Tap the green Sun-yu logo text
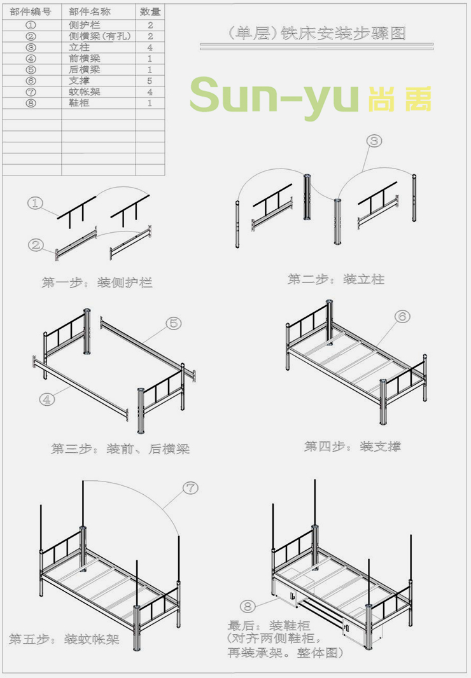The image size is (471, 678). tap(274, 95)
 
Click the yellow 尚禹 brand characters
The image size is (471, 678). tap(399, 97)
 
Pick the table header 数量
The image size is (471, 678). tap(150, 11)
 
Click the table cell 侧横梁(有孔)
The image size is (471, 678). tap(99, 36)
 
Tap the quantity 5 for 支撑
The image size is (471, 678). tap(150, 81)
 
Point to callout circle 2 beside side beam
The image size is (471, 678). tap(36, 245)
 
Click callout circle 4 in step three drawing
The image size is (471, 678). tap(46, 399)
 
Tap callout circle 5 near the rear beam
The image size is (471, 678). tap(174, 323)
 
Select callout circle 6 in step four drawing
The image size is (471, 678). tap(402, 316)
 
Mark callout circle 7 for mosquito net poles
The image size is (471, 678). tap(190, 488)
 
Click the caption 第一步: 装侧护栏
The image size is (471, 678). tap(97, 282)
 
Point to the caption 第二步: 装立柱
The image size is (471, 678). tap(336, 279)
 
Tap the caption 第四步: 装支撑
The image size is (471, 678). tap(353, 446)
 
